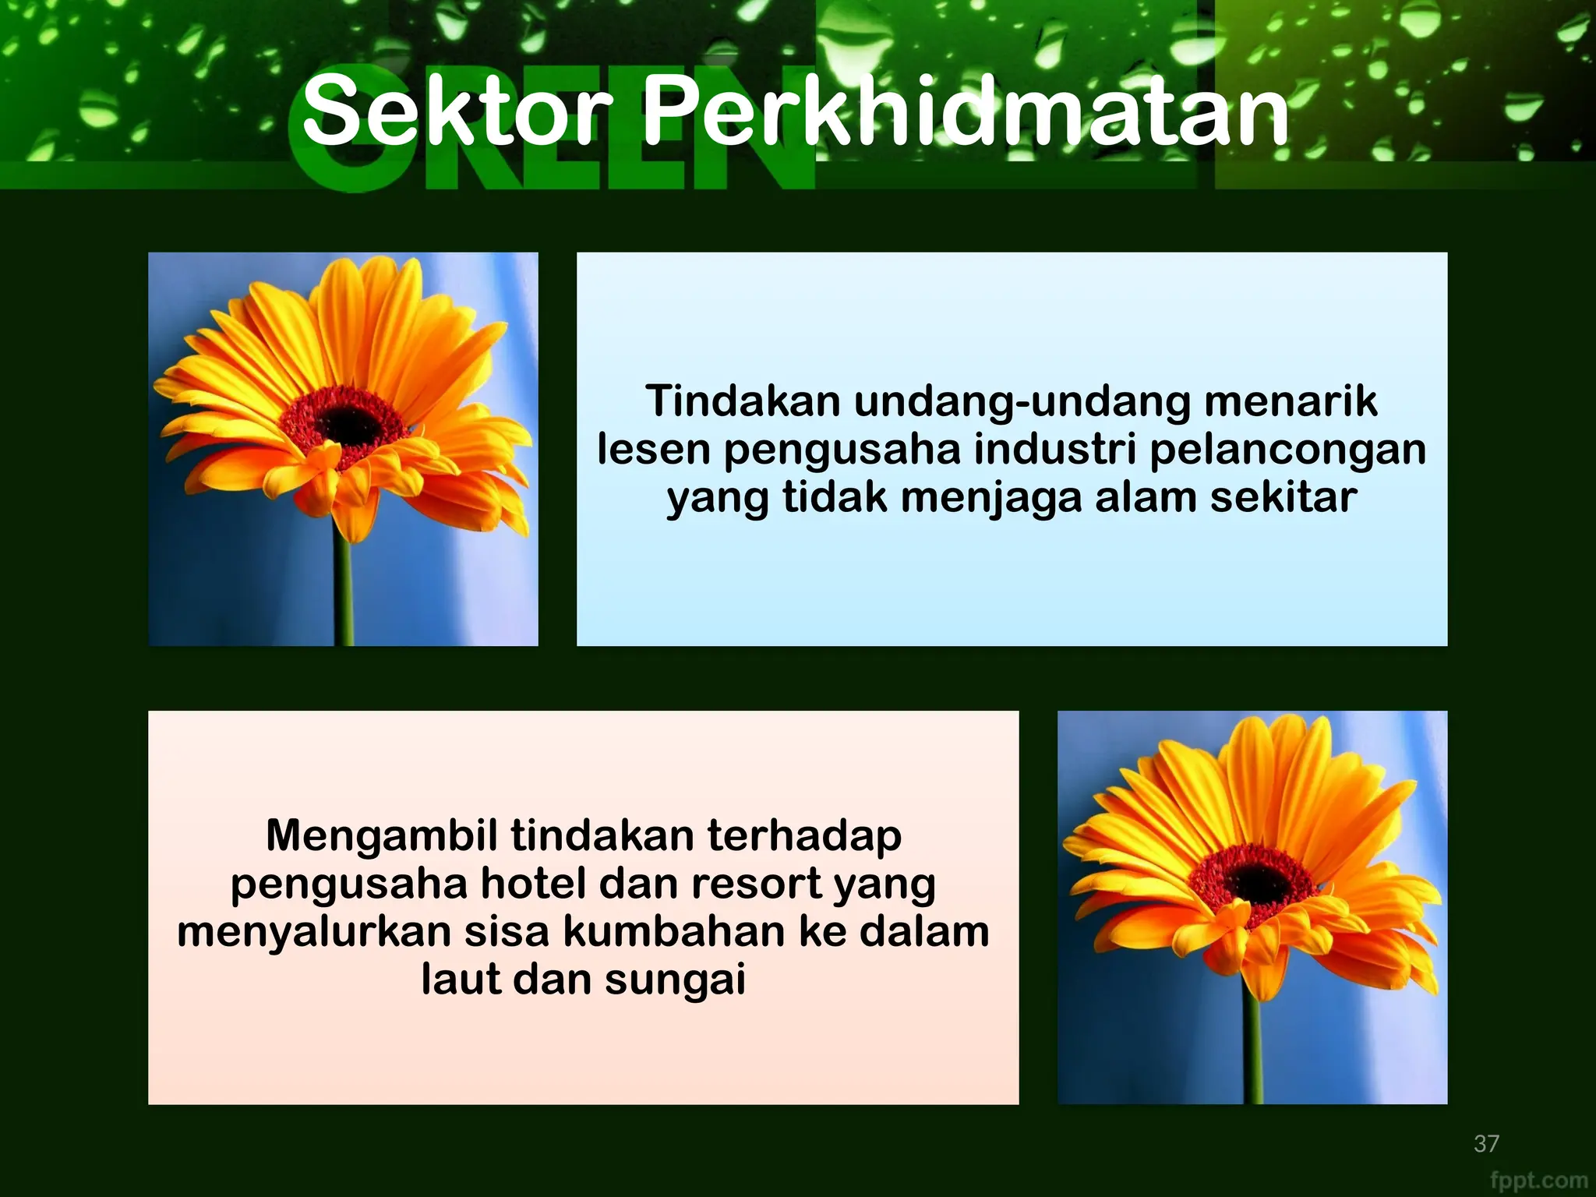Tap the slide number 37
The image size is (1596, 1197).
(x=1486, y=1143)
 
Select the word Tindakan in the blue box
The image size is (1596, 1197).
(x=743, y=401)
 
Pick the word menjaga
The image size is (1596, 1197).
(x=991, y=499)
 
